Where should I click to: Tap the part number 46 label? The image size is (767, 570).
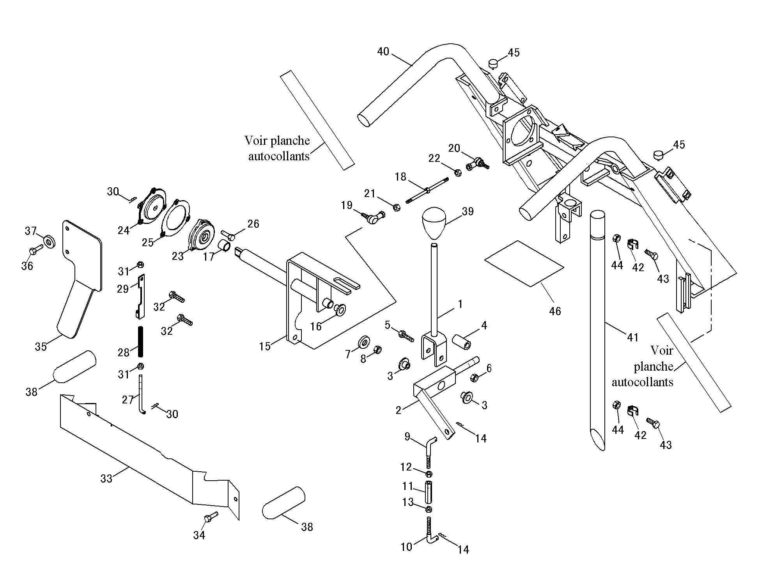tap(555, 311)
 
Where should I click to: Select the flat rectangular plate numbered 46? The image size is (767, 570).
tap(524, 263)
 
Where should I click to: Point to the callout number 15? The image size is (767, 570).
tap(265, 346)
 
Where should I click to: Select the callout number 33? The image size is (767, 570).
tap(106, 478)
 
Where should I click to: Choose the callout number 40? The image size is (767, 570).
tap(383, 51)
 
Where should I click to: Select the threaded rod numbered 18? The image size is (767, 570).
tap(427, 190)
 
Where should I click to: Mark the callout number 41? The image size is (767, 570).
tap(632, 337)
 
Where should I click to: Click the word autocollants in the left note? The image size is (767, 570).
tap(279, 156)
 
